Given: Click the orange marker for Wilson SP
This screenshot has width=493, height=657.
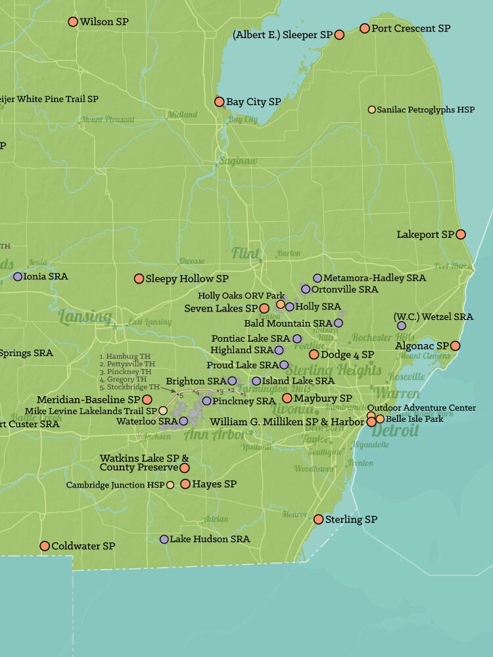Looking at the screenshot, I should [73, 22].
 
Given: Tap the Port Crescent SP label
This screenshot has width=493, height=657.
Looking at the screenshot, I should [411, 28].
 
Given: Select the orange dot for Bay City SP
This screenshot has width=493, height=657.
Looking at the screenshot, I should [220, 102].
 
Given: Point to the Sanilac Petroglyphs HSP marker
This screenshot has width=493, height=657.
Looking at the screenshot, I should [372, 110].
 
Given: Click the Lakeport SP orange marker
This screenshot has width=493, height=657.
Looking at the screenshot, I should [461, 234].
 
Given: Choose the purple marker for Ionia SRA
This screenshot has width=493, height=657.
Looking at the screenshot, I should [18, 277].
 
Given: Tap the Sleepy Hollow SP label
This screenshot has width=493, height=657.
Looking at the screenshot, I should [187, 279].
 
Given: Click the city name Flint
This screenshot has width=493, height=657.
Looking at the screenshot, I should [246, 253].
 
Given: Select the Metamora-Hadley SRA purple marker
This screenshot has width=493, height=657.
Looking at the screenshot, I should [317, 278].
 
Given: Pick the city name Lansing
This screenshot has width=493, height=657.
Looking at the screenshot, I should [85, 317].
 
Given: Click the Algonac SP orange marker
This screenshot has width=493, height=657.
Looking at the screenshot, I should [455, 346].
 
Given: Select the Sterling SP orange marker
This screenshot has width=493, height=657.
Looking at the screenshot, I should [319, 519].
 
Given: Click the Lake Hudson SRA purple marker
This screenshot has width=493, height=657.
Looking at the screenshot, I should [164, 539].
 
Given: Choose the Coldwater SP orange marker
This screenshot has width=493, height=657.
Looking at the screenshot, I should [45, 546].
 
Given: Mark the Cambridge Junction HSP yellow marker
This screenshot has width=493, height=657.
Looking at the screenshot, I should [170, 485].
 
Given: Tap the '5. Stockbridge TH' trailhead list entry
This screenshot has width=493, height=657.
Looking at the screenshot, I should [129, 387].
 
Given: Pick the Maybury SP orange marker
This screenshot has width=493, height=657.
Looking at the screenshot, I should [287, 398].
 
